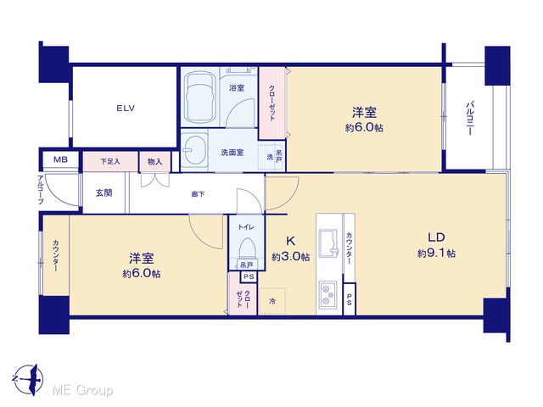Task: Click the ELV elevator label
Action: click(126, 109)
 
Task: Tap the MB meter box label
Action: click(60, 160)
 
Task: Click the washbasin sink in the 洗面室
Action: click(194, 151)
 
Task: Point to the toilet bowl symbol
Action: click(247, 248)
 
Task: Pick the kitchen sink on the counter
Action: click(328, 243)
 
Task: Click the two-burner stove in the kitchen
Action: click(327, 294)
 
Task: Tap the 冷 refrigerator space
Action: click(272, 301)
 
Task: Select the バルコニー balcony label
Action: click(470, 118)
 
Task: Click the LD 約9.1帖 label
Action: click(436, 245)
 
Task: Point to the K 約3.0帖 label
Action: click(290, 248)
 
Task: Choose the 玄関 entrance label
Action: click(104, 192)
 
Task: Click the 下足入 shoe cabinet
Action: click(110, 161)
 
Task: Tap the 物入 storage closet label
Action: click(154, 162)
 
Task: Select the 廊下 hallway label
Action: click(198, 194)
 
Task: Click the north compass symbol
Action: click(29, 379)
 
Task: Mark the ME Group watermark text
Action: click(82, 390)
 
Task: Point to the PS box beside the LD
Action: click(349, 299)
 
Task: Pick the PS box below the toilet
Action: click(249, 276)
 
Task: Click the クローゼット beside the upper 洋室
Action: click(272, 103)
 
